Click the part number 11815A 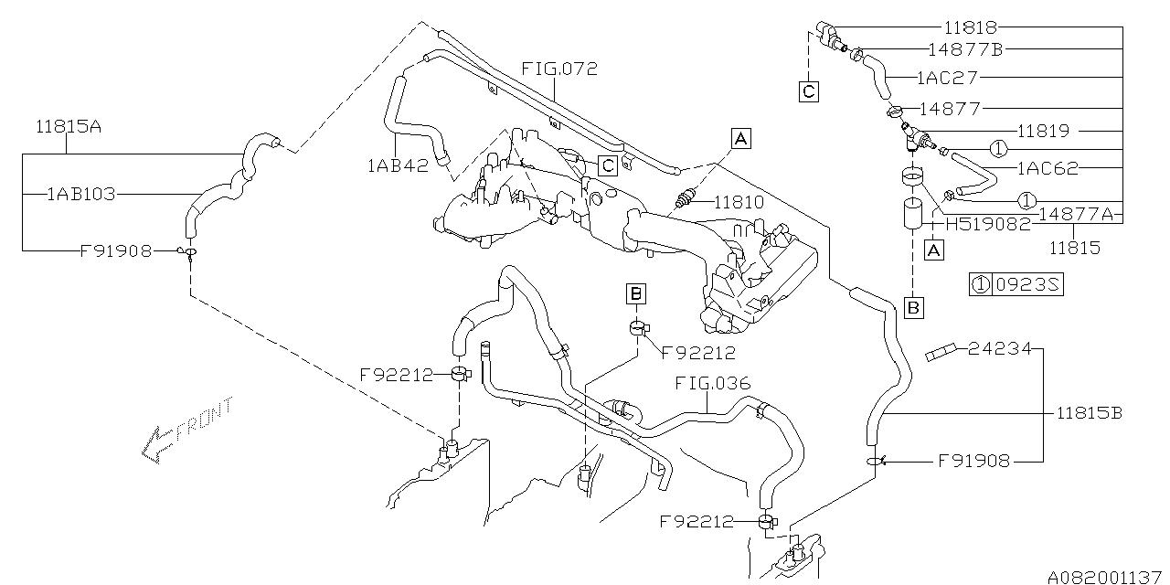click(x=69, y=127)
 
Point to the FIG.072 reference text click(x=559, y=69)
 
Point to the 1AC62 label click(x=1048, y=168)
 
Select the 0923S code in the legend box click(x=1026, y=285)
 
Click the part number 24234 click(x=1000, y=348)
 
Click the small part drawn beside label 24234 click(x=941, y=351)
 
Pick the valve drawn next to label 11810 click(x=688, y=199)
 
